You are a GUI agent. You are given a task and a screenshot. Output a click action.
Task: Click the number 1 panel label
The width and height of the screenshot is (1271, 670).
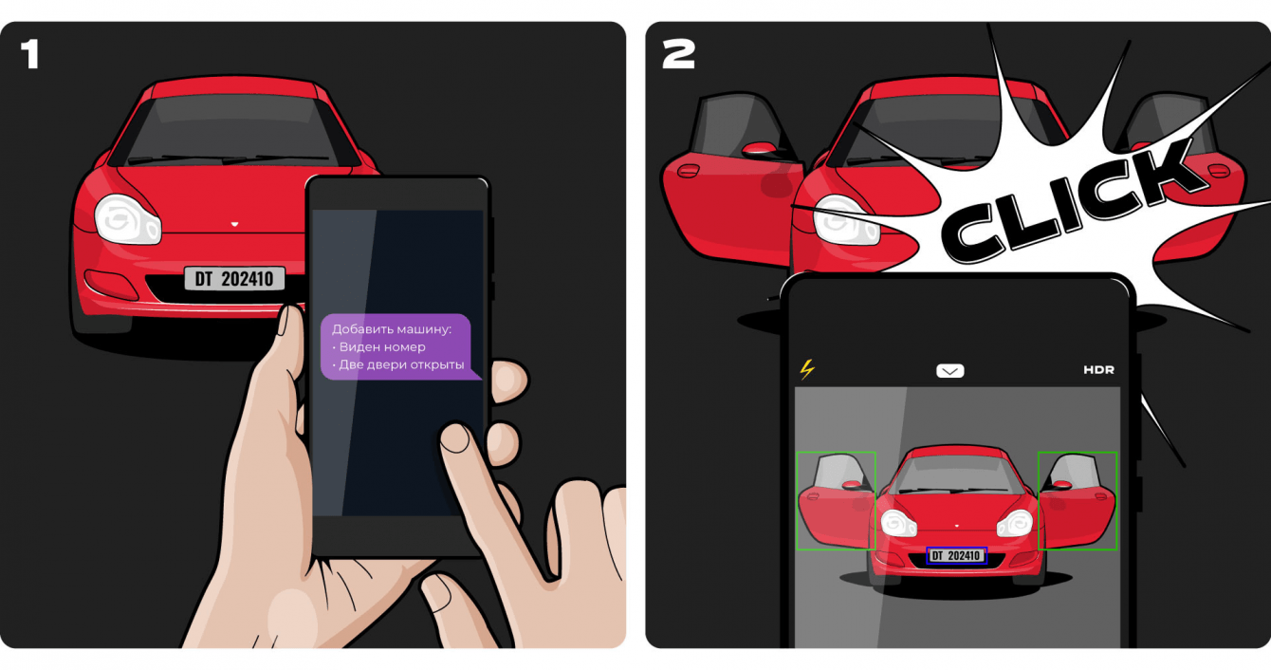point(29,54)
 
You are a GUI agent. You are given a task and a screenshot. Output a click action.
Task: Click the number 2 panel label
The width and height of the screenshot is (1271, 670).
point(678,54)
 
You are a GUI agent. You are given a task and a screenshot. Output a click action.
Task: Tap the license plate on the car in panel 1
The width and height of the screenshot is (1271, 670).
point(234,279)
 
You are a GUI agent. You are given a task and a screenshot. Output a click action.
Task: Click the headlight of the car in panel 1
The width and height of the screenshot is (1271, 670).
point(127,219)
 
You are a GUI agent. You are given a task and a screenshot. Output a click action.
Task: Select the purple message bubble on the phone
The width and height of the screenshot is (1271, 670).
point(399,346)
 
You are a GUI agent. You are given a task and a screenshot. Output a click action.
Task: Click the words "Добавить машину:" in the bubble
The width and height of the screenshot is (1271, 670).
point(392,328)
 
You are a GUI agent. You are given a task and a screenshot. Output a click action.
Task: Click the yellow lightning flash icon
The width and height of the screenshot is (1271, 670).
point(807,369)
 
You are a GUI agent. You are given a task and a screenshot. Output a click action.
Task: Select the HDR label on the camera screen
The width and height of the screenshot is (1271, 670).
point(1098,369)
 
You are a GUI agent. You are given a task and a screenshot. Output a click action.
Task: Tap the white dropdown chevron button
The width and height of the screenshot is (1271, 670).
point(949,371)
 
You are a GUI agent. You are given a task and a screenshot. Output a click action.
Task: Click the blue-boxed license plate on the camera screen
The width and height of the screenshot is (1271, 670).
point(957,555)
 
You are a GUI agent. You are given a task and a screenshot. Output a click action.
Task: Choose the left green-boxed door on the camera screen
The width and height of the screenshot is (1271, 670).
point(836,501)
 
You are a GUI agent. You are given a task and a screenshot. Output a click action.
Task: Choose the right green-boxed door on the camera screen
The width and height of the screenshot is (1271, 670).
point(1078,501)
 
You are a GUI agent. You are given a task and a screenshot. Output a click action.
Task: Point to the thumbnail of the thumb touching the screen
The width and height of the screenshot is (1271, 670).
point(454,438)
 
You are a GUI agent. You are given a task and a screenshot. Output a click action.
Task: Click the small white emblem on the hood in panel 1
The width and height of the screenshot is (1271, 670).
point(234,224)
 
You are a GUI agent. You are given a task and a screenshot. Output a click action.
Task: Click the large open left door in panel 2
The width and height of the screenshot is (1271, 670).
point(732,181)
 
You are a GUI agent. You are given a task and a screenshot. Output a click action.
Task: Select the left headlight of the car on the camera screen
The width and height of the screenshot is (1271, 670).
point(898,523)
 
